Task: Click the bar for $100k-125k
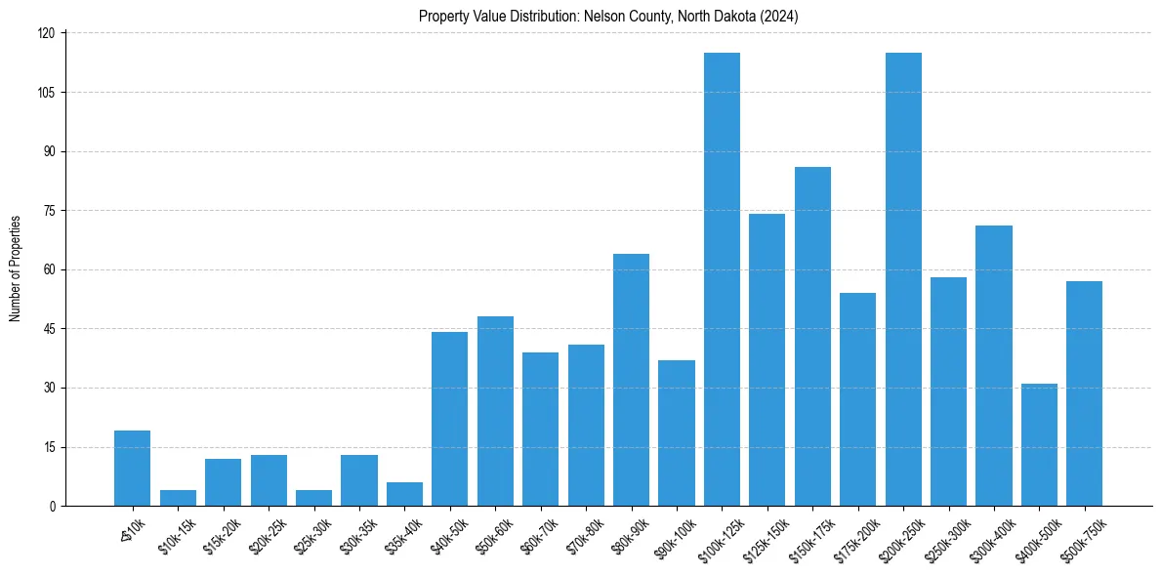point(722,279)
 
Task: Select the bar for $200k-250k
point(903,279)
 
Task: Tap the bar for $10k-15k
point(178,498)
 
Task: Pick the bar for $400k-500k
point(1039,445)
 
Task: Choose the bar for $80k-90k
point(631,380)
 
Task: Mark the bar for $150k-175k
point(812,337)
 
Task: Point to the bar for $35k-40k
point(404,494)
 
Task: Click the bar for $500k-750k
point(1084,393)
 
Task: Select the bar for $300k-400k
point(993,366)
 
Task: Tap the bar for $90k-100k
point(677,433)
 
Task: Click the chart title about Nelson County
point(608,16)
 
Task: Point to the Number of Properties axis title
point(16,268)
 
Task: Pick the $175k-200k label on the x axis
point(854,536)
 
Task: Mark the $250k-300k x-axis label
point(945,536)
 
